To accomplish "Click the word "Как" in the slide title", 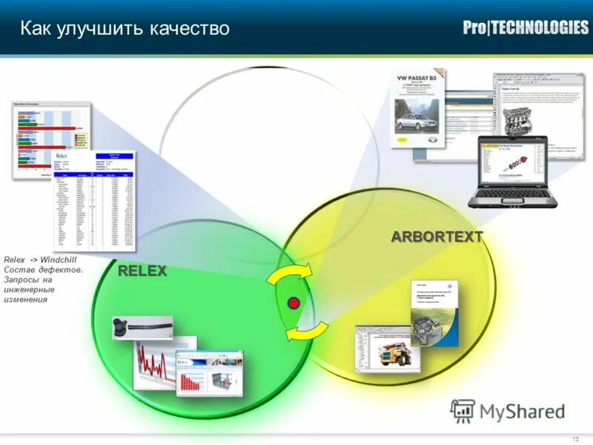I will (35, 29).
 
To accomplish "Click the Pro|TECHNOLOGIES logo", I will (526, 28).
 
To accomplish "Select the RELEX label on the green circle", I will (142, 271).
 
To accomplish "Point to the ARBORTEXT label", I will (437, 237).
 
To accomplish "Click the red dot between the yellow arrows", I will (294, 303).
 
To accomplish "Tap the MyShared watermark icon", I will (463, 411).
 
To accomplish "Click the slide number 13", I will (575, 439).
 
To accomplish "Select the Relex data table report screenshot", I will (93, 202).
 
